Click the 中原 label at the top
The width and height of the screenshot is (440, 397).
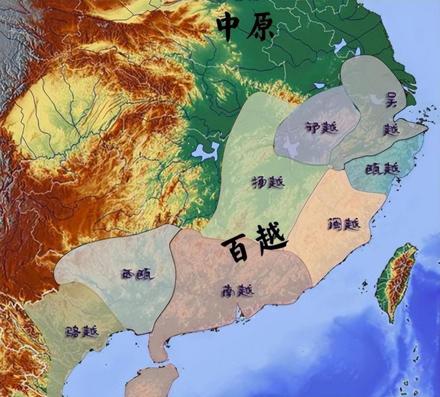(x=245, y=27)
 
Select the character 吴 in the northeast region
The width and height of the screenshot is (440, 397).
(x=391, y=102)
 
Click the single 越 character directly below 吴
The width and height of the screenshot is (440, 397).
(x=391, y=129)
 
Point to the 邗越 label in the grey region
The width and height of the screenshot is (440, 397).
(x=321, y=127)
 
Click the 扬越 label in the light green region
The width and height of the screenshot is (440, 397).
(x=268, y=182)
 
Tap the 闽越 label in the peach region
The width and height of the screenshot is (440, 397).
(x=344, y=225)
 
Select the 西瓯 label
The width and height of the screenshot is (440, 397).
(x=137, y=274)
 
